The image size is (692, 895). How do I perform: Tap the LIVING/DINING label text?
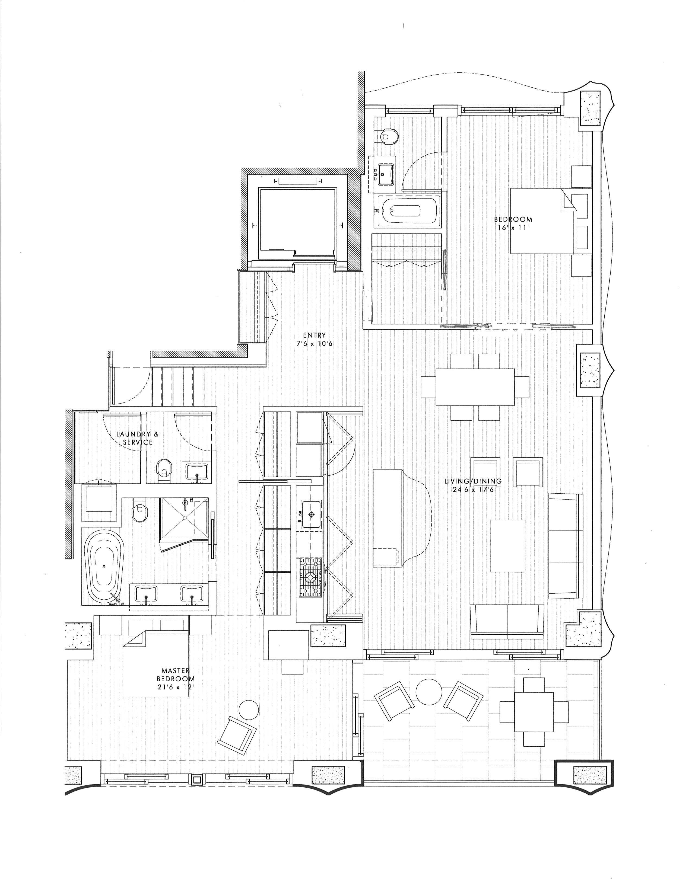473,481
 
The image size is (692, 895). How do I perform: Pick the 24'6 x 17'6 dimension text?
473,489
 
